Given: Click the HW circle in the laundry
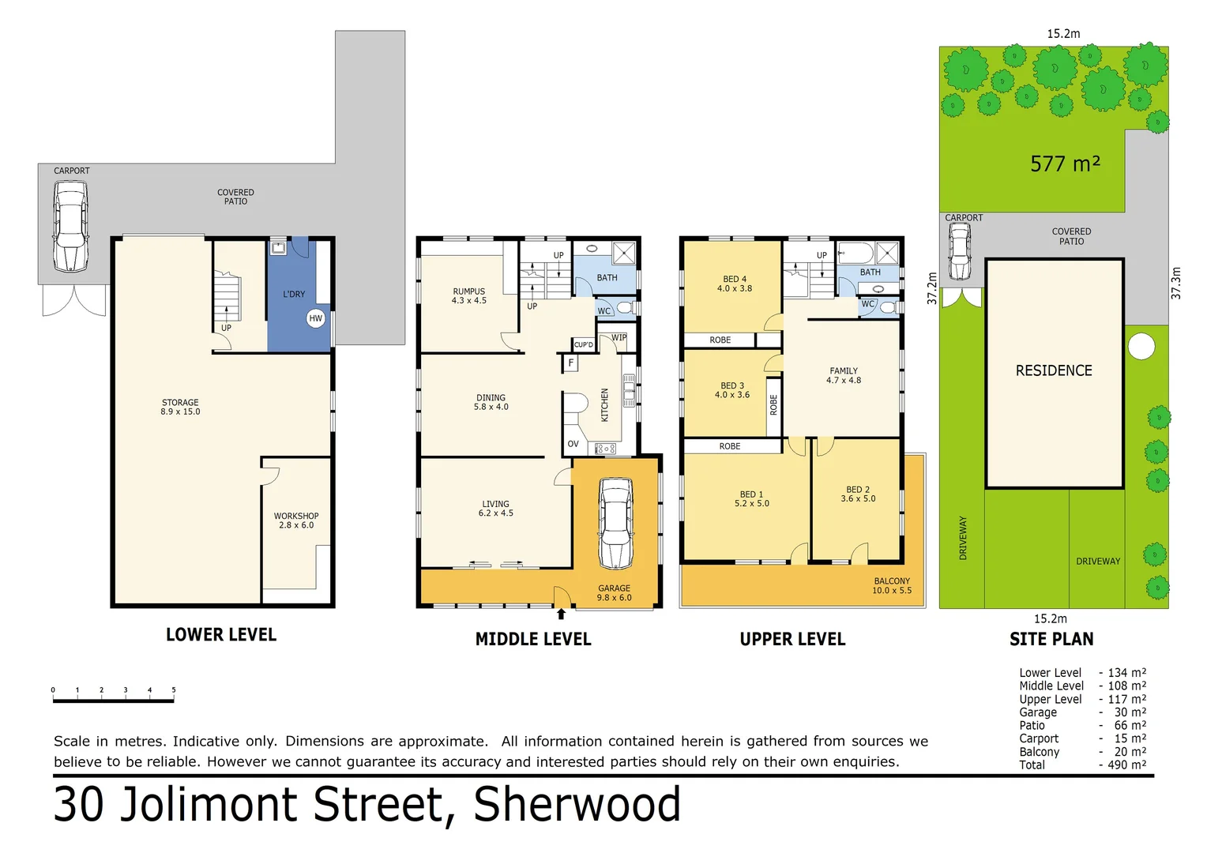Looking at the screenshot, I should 316,318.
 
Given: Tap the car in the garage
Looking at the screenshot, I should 615,523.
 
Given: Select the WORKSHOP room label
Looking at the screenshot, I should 296,520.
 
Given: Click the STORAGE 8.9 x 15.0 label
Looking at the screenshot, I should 180,407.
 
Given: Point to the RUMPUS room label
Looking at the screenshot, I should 469,295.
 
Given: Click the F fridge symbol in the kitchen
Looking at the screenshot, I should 570,363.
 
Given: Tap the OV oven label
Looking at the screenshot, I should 573,444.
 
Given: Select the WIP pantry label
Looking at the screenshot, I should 619,337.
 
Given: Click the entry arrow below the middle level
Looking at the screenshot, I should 562,614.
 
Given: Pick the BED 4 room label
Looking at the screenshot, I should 735,284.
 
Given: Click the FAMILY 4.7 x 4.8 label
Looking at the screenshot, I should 844,375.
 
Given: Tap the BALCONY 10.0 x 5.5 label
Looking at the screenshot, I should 892,585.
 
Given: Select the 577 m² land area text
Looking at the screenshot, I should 1065,163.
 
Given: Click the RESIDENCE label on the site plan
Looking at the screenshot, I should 1054,370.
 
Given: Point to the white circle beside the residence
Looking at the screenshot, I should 1141,347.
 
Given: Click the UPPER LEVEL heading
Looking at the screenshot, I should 792,639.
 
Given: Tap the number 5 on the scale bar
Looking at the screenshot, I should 174,690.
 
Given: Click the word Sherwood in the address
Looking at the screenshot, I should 577,804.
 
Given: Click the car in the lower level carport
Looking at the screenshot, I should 70,227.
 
